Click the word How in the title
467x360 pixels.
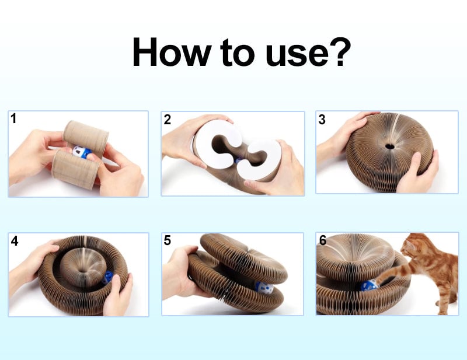(x=172, y=52)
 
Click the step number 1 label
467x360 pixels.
(x=13, y=118)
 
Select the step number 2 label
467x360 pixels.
(x=168, y=120)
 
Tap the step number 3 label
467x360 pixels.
(x=322, y=120)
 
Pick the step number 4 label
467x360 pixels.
(x=14, y=241)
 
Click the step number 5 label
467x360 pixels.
(x=168, y=240)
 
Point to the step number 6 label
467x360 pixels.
(x=323, y=240)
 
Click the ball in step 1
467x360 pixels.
(x=82, y=152)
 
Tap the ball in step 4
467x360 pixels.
(x=107, y=277)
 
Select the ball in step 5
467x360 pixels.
(x=264, y=288)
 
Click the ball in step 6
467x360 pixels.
(x=370, y=285)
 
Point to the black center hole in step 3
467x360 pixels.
(x=389, y=146)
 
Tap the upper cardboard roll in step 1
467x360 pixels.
(x=86, y=137)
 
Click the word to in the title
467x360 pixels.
(x=237, y=53)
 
